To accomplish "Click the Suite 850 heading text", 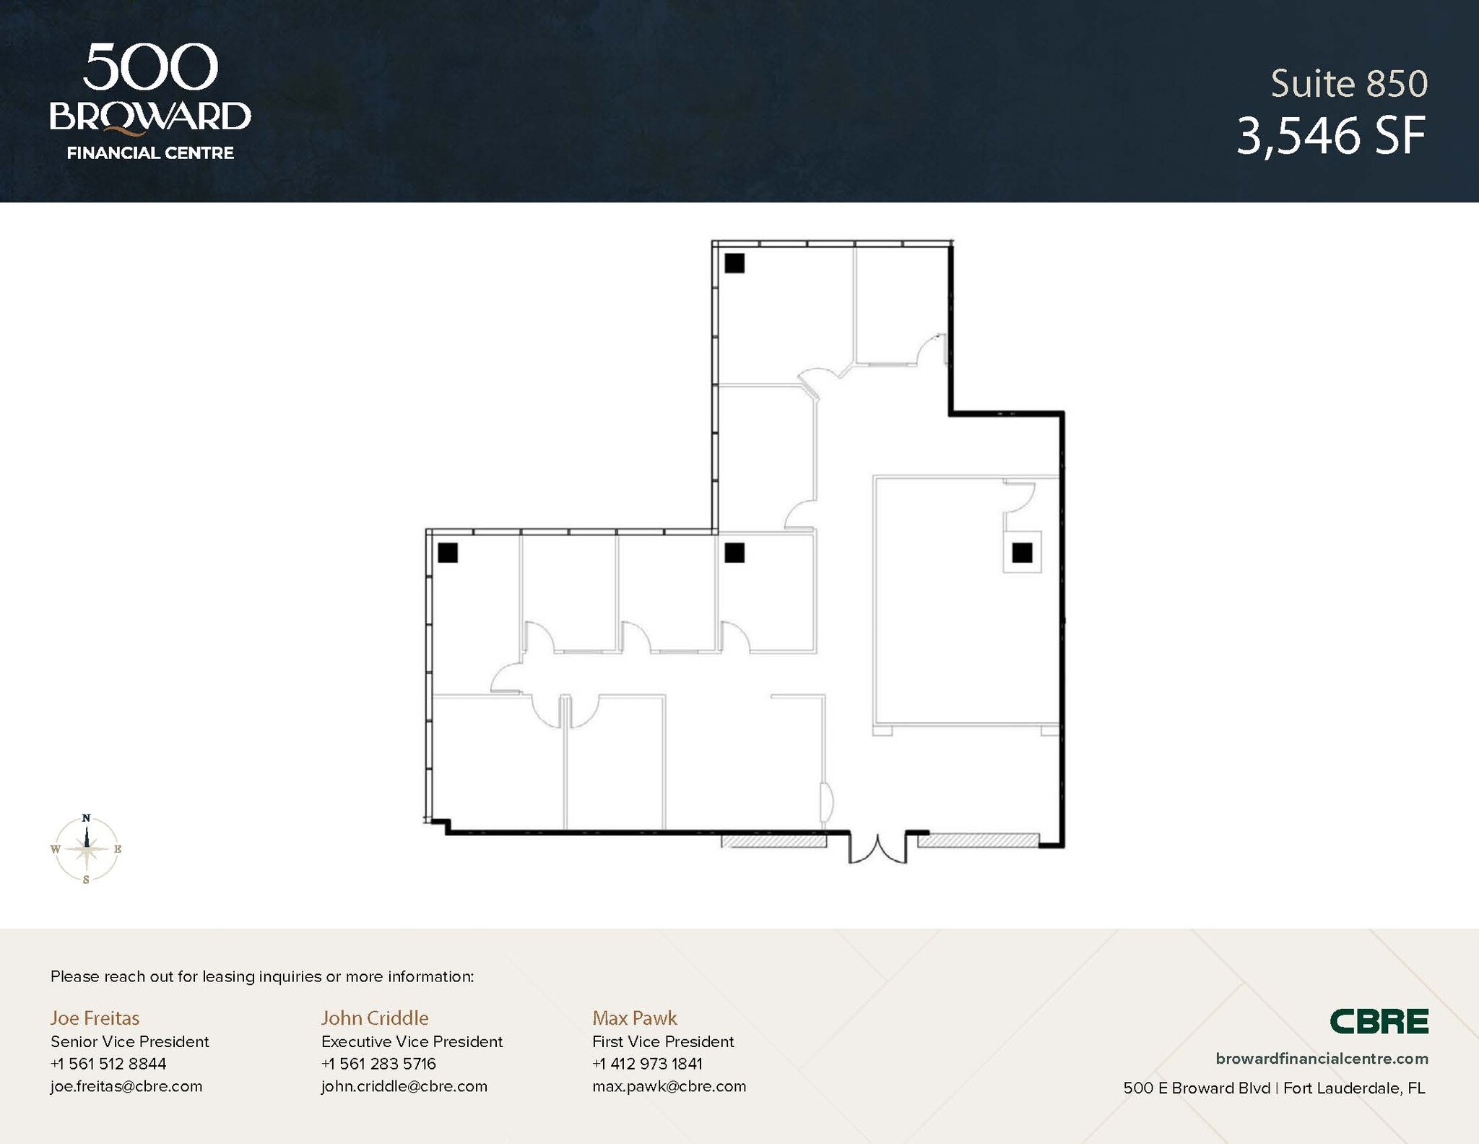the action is coord(1349,84).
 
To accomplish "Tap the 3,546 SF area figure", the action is coord(1331,136).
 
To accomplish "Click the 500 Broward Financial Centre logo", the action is coord(150,101).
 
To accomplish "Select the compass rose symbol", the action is coord(87,849).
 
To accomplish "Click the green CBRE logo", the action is coord(1379,1021).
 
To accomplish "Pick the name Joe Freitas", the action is coord(95,1018).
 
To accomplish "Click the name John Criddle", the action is coord(375,1018).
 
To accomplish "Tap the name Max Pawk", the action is coord(635,1018).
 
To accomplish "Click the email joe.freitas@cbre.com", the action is coord(126,1086).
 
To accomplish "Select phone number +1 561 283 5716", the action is coord(378,1064).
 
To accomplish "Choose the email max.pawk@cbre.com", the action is coord(669,1086).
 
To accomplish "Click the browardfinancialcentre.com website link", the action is coord(1322,1059).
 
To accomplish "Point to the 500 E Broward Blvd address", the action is coord(1196,1088).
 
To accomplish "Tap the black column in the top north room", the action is coord(734,263).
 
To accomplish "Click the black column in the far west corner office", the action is coord(448,553).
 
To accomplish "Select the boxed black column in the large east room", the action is coord(1022,553).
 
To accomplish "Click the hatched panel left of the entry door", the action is coord(774,840).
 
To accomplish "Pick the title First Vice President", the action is coord(663,1041).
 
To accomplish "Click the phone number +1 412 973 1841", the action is coord(647,1064).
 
